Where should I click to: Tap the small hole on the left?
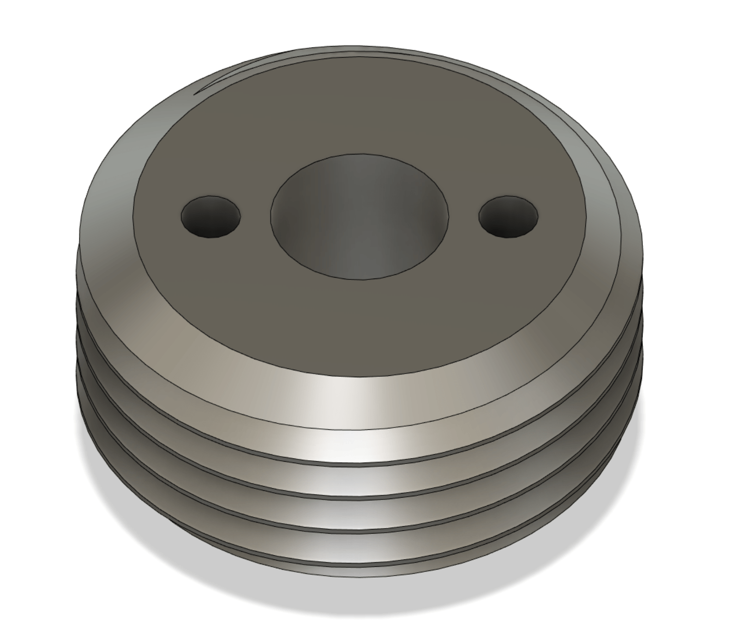pos(211,217)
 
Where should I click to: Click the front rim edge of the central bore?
pos(359,279)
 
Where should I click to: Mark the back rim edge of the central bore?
pos(359,154)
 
